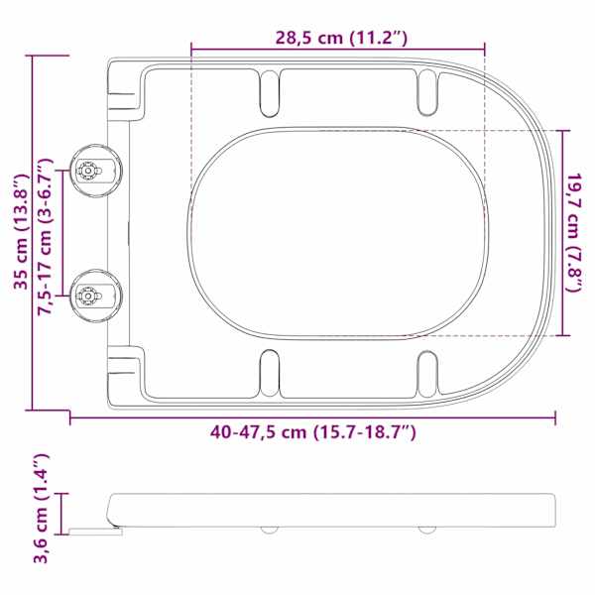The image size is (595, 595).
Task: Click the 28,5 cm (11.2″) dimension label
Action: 341,38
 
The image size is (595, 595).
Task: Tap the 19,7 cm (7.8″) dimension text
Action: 574,233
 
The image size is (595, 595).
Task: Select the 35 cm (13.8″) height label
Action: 22,232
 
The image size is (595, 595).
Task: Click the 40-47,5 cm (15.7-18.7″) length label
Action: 313,431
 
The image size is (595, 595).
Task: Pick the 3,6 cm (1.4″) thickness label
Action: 41,509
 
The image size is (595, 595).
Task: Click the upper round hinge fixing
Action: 95,171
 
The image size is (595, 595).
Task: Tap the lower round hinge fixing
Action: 95,296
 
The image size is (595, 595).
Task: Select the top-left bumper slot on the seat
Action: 270,93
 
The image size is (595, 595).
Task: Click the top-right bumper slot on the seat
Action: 427,92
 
